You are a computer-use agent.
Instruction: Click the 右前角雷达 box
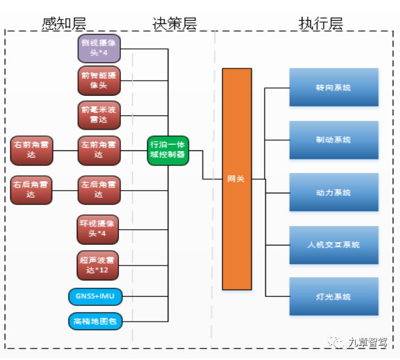click(x=31, y=150)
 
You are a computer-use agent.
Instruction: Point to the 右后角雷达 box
click(x=31, y=189)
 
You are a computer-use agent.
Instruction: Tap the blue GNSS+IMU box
click(x=95, y=296)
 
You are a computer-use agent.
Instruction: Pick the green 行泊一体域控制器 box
click(x=168, y=150)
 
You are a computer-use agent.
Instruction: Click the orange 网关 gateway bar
click(x=237, y=178)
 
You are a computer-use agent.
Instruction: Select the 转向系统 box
click(x=334, y=87)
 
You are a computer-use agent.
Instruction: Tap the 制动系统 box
click(x=334, y=139)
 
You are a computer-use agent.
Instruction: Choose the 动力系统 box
click(x=334, y=192)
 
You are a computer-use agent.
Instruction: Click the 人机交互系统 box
click(x=334, y=244)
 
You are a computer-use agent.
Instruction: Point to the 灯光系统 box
click(x=334, y=296)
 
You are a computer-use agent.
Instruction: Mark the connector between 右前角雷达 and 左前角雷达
click(x=64, y=150)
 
